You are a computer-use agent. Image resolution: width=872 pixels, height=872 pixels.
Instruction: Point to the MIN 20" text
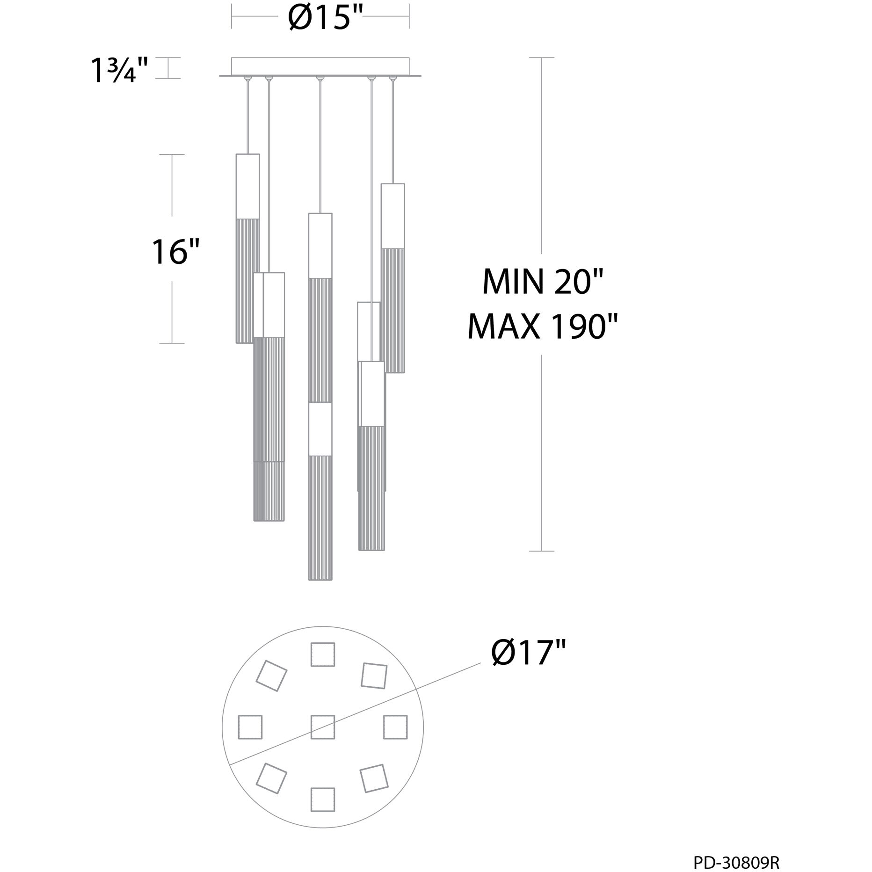[543, 282]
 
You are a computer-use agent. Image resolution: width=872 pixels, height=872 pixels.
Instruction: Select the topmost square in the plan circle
[323, 654]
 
